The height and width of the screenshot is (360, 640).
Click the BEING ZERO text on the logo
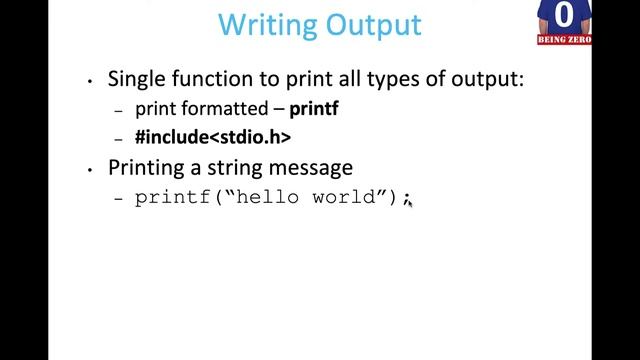(x=565, y=39)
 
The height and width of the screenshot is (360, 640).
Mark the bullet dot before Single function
(x=91, y=81)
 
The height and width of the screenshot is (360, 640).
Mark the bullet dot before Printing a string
(x=91, y=168)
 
